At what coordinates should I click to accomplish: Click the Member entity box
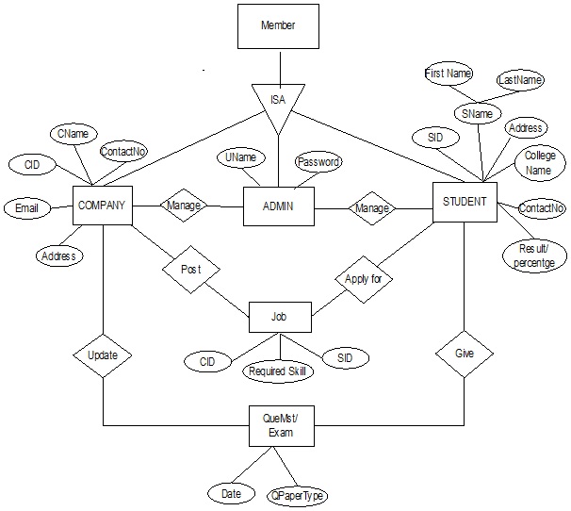tap(278, 25)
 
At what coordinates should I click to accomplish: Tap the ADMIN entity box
tap(278, 206)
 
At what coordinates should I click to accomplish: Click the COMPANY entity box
tap(102, 205)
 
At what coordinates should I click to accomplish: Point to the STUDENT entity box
tap(465, 202)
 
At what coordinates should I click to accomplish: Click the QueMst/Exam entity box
tap(279, 427)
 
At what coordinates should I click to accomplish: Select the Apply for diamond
tap(363, 279)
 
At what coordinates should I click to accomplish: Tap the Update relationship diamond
tap(102, 355)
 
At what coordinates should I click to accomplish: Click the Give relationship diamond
tap(465, 354)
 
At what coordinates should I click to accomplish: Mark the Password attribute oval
tap(318, 162)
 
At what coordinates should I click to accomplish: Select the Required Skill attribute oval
tap(279, 371)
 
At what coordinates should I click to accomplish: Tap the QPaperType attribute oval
tap(298, 494)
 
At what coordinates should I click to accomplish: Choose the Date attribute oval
tap(231, 493)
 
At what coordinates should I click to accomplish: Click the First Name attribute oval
tap(449, 74)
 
